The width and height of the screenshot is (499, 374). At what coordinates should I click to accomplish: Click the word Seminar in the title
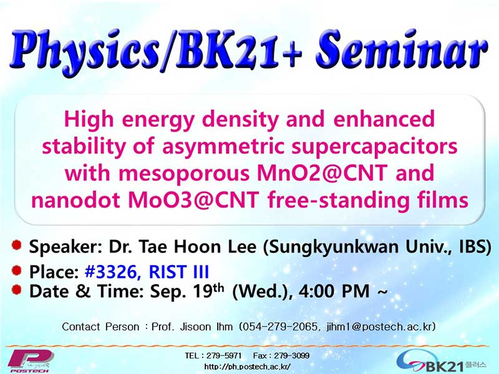[x=402, y=50]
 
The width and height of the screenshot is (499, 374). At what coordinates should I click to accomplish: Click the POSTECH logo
[x=30, y=362]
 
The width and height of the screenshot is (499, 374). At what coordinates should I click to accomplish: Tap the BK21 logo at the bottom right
[x=441, y=363]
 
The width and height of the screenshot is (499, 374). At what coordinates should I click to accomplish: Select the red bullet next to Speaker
[x=17, y=245]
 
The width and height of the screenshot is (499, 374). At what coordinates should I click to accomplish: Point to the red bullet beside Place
[x=17, y=271]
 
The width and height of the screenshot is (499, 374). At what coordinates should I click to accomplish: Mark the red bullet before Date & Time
[x=17, y=289]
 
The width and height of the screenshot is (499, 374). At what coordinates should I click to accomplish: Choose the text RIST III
[x=179, y=272]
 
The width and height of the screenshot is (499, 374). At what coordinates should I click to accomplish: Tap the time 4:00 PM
[x=334, y=291]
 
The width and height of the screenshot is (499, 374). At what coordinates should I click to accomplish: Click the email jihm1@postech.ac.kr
[x=380, y=327]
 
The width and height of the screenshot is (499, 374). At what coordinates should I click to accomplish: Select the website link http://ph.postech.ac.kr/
[x=247, y=367]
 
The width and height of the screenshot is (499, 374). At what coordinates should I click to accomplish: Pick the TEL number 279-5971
[x=224, y=355]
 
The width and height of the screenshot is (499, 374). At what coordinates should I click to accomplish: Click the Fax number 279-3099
[x=291, y=355]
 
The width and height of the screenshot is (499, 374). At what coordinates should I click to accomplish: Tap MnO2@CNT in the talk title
[x=322, y=173]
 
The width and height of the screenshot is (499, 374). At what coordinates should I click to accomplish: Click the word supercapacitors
[x=374, y=147]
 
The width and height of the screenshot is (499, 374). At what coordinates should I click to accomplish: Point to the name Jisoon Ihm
[x=206, y=327]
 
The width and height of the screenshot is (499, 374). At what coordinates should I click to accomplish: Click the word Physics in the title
[x=85, y=52]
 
